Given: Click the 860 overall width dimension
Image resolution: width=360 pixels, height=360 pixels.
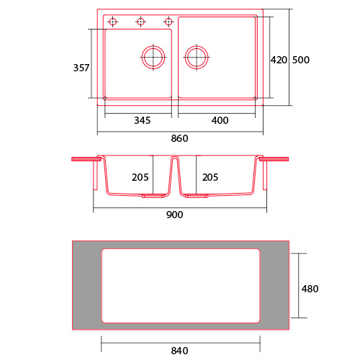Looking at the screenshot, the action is pyautogui.click(x=179, y=138).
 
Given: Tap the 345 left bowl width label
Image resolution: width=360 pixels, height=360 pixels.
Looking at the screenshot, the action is pyautogui.click(x=143, y=120).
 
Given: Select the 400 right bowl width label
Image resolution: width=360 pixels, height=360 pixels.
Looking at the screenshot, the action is pyautogui.click(x=220, y=120).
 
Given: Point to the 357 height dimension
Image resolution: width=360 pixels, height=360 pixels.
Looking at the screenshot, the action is pyautogui.click(x=81, y=68).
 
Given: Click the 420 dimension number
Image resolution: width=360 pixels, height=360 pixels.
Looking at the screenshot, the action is pyautogui.click(x=279, y=60).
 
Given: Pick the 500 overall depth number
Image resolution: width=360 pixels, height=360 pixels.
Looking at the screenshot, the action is pyautogui.click(x=301, y=60).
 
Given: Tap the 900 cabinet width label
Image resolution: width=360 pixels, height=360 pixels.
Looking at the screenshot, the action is pyautogui.click(x=175, y=215).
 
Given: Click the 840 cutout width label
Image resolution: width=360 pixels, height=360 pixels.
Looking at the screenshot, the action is pyautogui.click(x=179, y=351).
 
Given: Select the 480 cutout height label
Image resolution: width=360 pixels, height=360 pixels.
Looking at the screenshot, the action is pyautogui.click(x=310, y=289).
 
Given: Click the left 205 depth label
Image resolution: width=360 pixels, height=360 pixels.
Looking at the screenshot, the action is pyautogui.click(x=140, y=177).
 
